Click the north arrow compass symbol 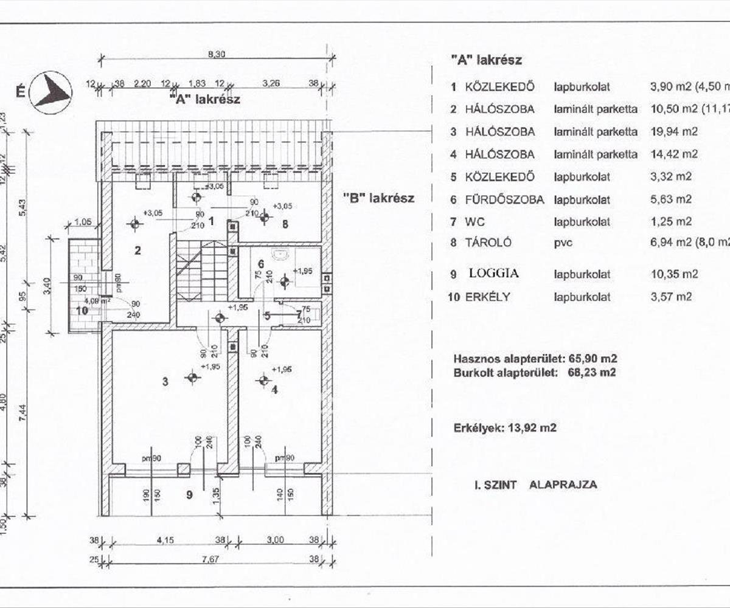pos(52,92)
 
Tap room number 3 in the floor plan pos(165,382)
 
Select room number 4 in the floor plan pos(274,390)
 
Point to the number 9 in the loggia pos(189,495)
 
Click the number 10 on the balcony pos(82,310)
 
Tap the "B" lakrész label pos(378,198)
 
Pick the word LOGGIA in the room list pos(493,274)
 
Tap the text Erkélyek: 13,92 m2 pos(505,428)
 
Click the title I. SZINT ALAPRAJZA pos(535,485)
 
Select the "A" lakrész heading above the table pos(486,60)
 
